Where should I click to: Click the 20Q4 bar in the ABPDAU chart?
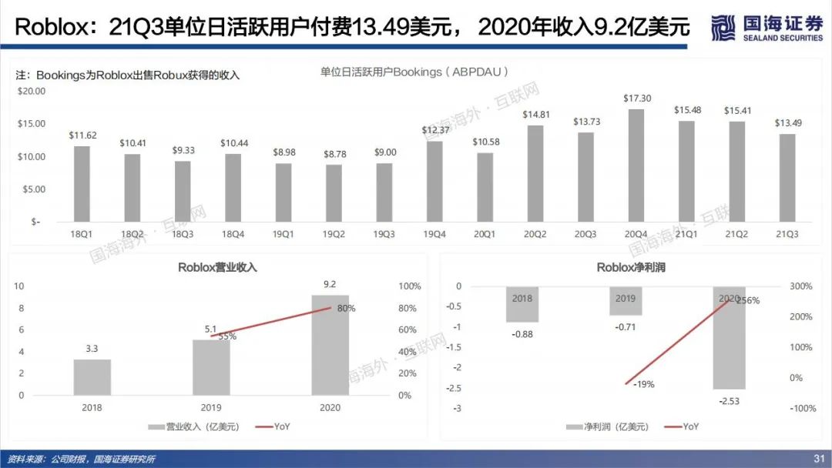tap(636, 165)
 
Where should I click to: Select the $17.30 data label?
tap(636, 99)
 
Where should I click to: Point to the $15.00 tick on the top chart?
tap(32, 123)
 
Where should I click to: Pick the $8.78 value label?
tap(334, 155)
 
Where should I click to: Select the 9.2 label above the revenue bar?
tap(330, 284)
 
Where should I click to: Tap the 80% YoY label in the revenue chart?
tap(346, 309)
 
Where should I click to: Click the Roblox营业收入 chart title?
tap(217, 267)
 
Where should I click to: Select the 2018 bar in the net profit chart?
tap(522, 304)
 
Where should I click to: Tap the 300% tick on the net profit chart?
tap(802, 286)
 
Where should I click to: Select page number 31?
tap(819, 459)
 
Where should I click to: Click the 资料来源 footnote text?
tap(82, 459)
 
